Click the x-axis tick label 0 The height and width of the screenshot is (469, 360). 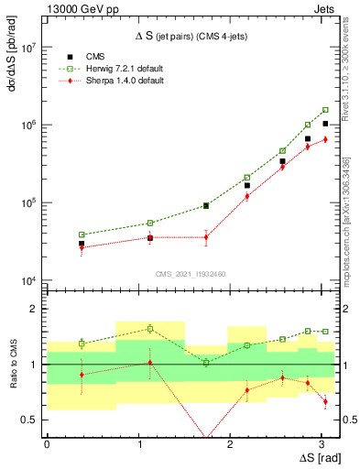[x=46, y=444]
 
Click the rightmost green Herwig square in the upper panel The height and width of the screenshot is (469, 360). [x=325, y=110]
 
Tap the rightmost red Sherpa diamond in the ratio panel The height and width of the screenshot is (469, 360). [x=325, y=401]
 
